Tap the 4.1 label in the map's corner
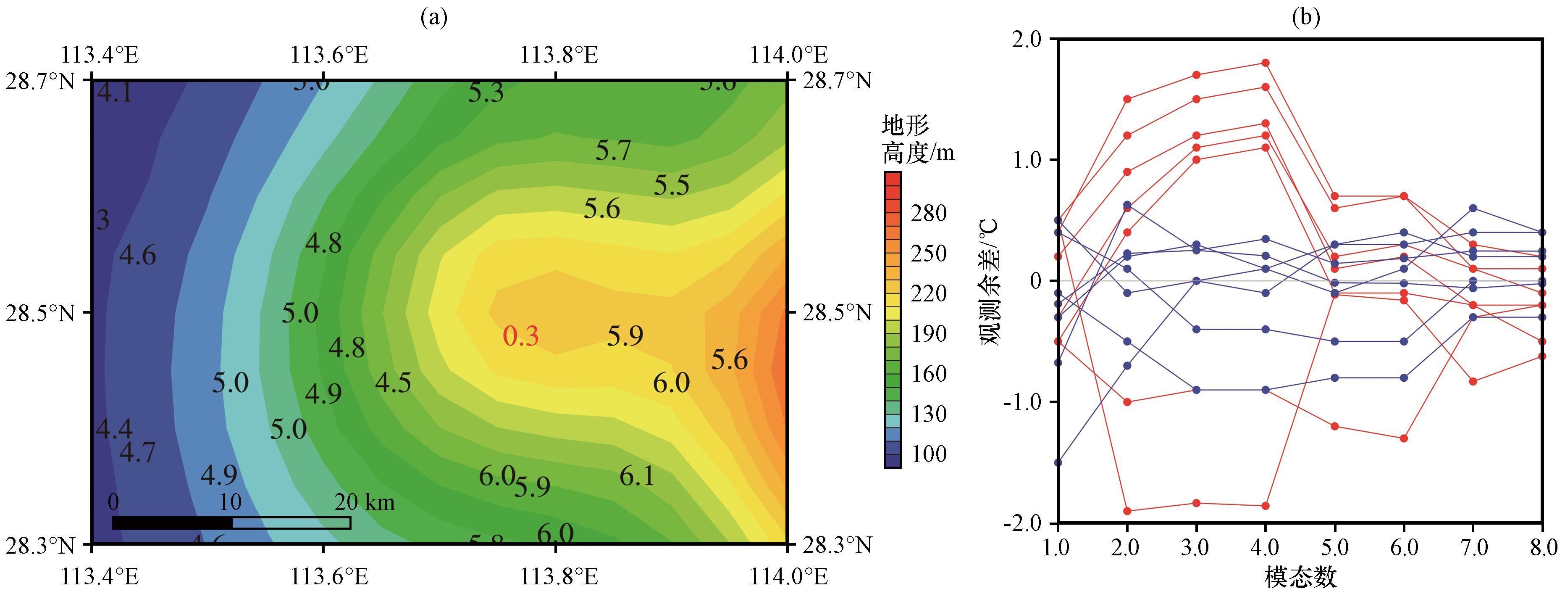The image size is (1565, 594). [115, 93]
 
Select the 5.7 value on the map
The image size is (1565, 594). [613, 150]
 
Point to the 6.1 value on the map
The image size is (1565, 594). [637, 476]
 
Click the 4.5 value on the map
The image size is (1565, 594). [393, 383]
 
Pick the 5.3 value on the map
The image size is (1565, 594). [486, 92]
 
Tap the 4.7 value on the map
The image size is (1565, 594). [137, 452]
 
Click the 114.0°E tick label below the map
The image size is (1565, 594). [788, 576]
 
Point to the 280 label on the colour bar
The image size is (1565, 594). [928, 214]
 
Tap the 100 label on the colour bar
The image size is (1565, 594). [928, 454]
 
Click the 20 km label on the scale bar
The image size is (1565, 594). [365, 502]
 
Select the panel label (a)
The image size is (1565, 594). [434, 18]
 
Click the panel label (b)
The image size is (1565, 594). [1305, 18]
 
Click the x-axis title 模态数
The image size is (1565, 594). [1300, 576]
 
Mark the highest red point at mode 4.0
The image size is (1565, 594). [1266, 63]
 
